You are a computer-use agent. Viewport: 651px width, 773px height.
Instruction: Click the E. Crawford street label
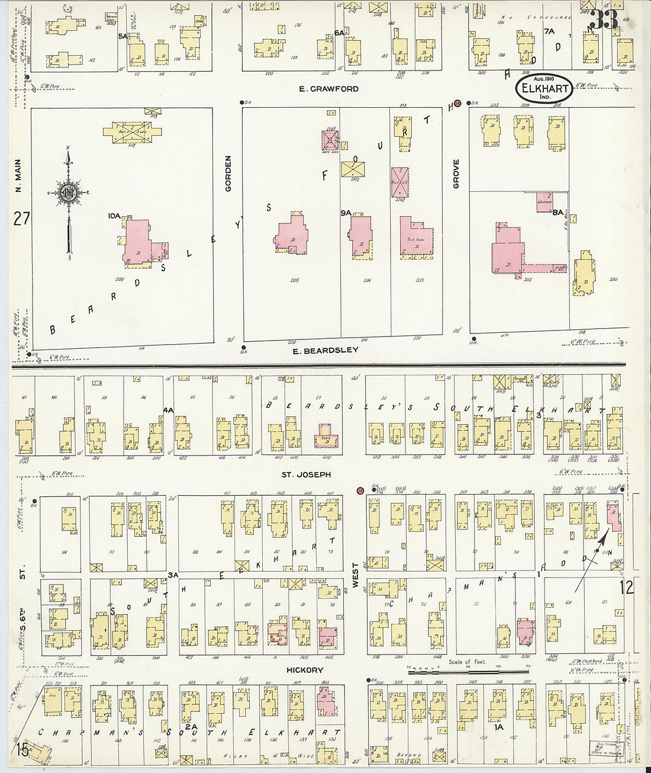click(328, 89)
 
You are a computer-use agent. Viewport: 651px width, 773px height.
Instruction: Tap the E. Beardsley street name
click(326, 350)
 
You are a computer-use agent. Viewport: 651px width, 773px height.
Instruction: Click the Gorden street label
click(228, 173)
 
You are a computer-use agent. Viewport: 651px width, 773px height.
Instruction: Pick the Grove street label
click(456, 174)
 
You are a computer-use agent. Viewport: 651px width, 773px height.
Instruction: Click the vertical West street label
click(356, 575)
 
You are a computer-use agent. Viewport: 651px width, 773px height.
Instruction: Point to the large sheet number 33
click(604, 21)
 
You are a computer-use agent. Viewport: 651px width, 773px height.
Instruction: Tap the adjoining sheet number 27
click(22, 220)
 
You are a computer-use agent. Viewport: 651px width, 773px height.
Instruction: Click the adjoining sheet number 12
click(626, 587)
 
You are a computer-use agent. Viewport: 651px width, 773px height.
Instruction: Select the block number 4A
click(168, 409)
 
